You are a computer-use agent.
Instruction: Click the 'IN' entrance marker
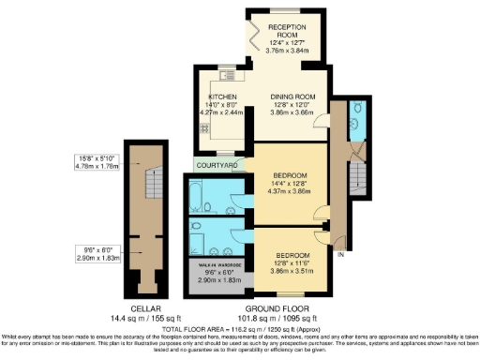[341, 254]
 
